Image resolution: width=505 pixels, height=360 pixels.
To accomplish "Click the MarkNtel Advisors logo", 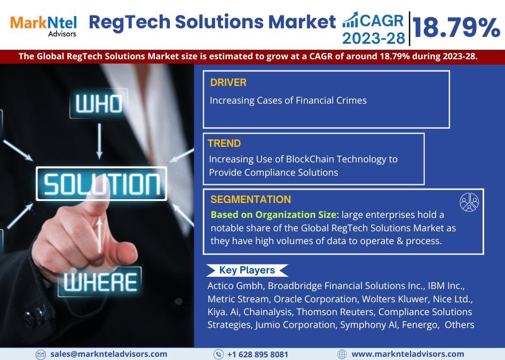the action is (43, 26).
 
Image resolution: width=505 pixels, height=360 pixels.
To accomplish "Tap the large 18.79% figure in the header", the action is (456, 27).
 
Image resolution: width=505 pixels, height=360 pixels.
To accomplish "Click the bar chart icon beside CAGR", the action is (350, 20).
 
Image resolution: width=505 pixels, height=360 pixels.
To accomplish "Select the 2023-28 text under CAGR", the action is (374, 38).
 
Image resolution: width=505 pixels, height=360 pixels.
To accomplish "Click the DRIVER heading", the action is (228, 82).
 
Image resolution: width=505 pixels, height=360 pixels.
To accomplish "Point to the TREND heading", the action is (224, 143).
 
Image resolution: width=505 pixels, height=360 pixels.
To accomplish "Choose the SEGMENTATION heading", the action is (250, 199).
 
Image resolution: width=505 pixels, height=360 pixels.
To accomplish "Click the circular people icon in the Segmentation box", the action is (469, 202).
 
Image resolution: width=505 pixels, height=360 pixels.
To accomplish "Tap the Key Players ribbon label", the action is (247, 270).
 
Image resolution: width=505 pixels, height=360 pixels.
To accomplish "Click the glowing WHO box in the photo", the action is (99, 104).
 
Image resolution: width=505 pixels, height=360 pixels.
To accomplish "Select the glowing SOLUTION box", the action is (101, 184).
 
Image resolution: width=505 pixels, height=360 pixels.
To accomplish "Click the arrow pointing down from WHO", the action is (99, 141).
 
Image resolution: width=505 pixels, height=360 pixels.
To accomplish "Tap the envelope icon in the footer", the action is (41, 355).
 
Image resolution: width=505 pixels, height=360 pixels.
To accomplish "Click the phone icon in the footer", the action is (218, 355).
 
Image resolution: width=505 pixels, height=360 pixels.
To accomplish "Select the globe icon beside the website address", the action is (342, 355).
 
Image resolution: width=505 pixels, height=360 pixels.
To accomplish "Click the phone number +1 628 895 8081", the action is (258, 355).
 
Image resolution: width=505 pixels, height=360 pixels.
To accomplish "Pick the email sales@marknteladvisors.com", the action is (109, 354).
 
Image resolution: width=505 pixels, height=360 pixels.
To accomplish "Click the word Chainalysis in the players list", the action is (267, 312).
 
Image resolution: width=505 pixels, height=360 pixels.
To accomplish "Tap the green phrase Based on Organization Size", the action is (275, 215).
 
